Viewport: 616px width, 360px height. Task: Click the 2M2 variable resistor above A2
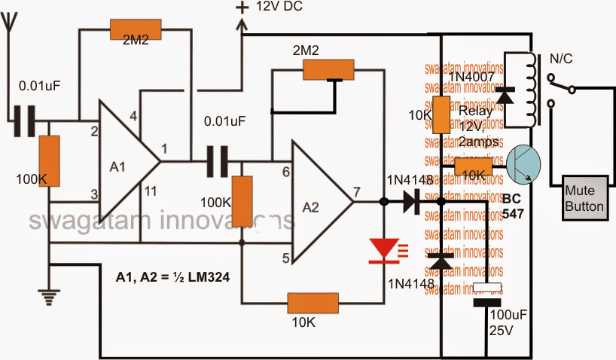328,71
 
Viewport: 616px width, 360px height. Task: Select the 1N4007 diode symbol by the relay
505,95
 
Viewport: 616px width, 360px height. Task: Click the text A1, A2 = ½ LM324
172,277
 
